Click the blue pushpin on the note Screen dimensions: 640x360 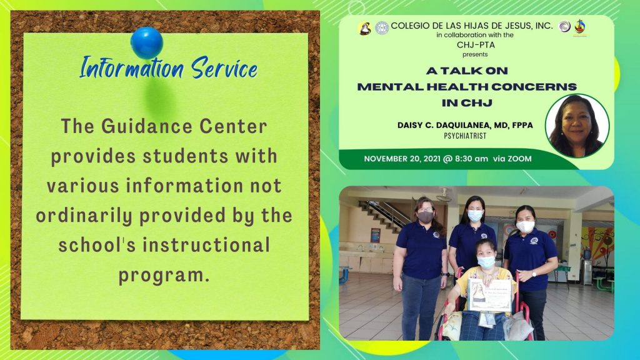pyautogui.click(x=146, y=42)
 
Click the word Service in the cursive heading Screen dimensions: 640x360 pyautogui.click(x=224, y=67)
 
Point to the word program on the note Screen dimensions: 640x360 pyautogui.click(x=164, y=276)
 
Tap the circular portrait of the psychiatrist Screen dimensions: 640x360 pyautogui.click(x=577, y=126)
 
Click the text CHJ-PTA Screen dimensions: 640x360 pyautogui.click(x=476, y=45)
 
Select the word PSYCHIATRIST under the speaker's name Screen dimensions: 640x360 pyautogui.click(x=465, y=136)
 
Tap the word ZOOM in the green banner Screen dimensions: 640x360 pyautogui.click(x=519, y=159)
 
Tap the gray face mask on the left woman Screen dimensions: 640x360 pyautogui.click(x=425, y=217)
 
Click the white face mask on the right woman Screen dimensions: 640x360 pyautogui.click(x=525, y=226)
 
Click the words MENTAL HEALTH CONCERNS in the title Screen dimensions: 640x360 pyautogui.click(x=467, y=86)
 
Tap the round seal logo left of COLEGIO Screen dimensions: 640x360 pyautogui.click(x=382, y=27)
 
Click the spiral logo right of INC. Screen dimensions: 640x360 pyautogui.click(x=564, y=26)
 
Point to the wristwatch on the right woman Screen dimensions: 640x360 pyautogui.click(x=534, y=274)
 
